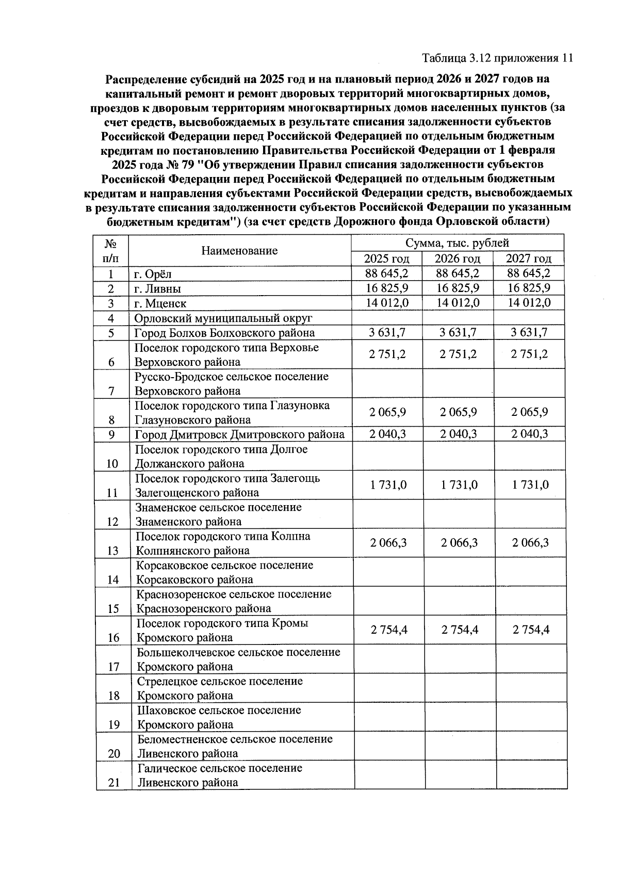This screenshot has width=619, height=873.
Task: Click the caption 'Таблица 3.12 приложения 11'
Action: (x=497, y=57)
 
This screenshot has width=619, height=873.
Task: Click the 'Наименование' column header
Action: (x=239, y=251)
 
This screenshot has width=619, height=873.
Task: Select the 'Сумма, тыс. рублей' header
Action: (x=457, y=242)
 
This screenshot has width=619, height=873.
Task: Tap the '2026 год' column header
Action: (x=457, y=258)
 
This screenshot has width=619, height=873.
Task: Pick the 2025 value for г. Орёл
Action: (x=386, y=273)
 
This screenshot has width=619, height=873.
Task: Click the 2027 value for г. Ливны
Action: (x=529, y=287)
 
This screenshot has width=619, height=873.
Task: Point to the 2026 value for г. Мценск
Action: (x=458, y=302)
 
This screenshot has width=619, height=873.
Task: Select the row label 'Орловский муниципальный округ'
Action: (x=223, y=318)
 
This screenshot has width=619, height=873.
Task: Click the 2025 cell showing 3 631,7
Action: (x=387, y=332)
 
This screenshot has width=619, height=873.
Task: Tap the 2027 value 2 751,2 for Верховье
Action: (x=529, y=354)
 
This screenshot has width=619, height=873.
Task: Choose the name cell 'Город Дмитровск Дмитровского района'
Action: (x=239, y=434)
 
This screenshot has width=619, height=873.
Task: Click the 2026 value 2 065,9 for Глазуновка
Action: (x=458, y=412)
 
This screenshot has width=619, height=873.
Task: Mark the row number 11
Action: (x=112, y=493)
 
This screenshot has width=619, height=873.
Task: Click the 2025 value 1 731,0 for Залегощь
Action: (x=388, y=484)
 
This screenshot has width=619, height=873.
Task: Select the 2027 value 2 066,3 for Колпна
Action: (x=530, y=542)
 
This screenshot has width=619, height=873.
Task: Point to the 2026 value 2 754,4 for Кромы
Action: (x=459, y=629)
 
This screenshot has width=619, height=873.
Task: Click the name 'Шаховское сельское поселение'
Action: (x=219, y=710)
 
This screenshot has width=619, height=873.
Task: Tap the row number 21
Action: (x=114, y=783)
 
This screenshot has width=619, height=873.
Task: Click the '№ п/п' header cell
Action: (x=110, y=250)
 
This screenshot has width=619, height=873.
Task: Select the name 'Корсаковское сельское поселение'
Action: (x=224, y=565)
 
